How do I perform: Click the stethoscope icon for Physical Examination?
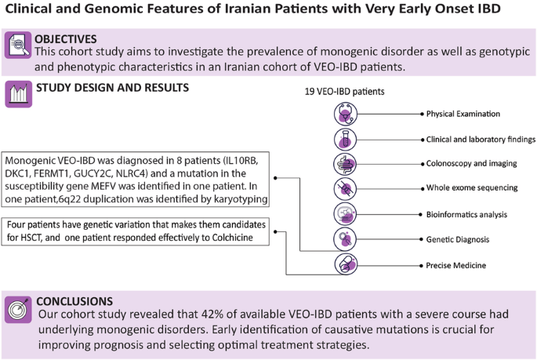pos(346,115)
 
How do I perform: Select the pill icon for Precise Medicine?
pos(346,264)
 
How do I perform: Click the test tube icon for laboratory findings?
pos(346,140)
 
